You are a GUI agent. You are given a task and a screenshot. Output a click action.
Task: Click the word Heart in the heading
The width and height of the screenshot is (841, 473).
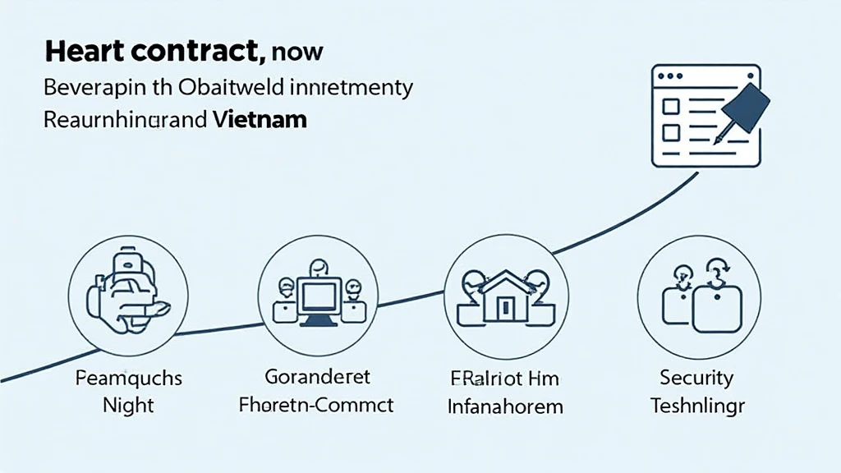[85, 52]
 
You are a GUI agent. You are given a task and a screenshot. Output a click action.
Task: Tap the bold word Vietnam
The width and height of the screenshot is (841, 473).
[259, 119]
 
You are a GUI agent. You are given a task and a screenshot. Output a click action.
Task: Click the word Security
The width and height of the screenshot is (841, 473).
[696, 378]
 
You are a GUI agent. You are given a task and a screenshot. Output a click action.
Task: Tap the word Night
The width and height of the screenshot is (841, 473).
[128, 405]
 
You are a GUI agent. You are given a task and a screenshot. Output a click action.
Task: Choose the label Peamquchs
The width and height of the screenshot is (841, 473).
[128, 379]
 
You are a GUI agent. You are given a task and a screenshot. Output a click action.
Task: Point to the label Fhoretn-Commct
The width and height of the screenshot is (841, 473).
[317, 404]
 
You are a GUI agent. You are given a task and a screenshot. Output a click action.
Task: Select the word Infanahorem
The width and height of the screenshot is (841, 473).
[504, 405]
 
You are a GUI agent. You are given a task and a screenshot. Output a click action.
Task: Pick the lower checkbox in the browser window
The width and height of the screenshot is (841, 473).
[670, 132]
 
